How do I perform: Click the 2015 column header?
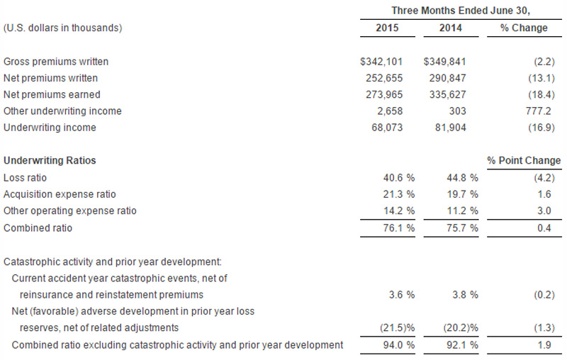pyautogui.click(x=387, y=28)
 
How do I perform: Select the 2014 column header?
pyautogui.click(x=449, y=28)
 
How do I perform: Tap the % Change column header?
pyautogui.click(x=524, y=28)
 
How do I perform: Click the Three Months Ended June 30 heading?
pyautogui.click(x=461, y=10)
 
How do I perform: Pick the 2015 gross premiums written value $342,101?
pyautogui.click(x=383, y=62)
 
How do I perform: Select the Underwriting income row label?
pyautogui.click(x=50, y=128)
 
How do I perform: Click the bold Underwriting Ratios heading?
pyautogui.click(x=50, y=161)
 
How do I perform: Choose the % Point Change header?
pyautogui.click(x=524, y=161)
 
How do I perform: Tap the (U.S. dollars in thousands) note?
pyautogui.click(x=63, y=28)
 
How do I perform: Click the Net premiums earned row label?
pyautogui.click(x=52, y=94)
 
